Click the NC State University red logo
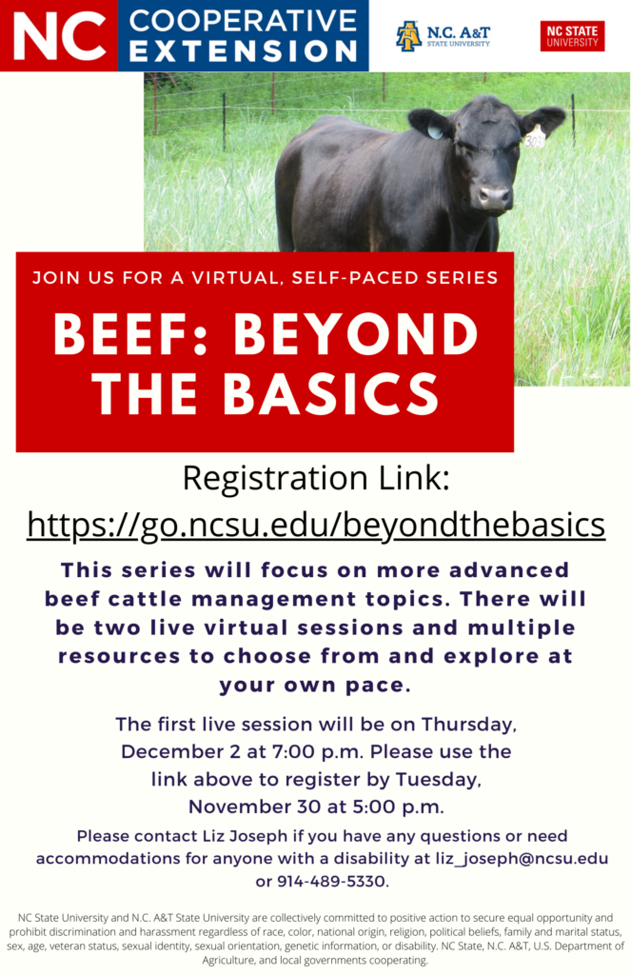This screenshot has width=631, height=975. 572,36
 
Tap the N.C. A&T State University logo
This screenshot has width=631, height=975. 443,36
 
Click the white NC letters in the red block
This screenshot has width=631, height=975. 59,36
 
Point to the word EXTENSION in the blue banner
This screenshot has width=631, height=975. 243,51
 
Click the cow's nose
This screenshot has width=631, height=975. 494,198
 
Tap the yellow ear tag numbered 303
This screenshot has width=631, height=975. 534,137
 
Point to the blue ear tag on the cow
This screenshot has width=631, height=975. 435,129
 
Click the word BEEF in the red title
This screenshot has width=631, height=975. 123,334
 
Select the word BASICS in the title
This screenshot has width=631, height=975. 330,393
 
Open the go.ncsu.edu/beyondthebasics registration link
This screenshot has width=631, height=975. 316,525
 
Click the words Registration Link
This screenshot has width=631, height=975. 316,479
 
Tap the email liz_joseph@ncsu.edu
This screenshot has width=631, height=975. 522,858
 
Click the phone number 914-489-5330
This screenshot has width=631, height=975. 331,881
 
